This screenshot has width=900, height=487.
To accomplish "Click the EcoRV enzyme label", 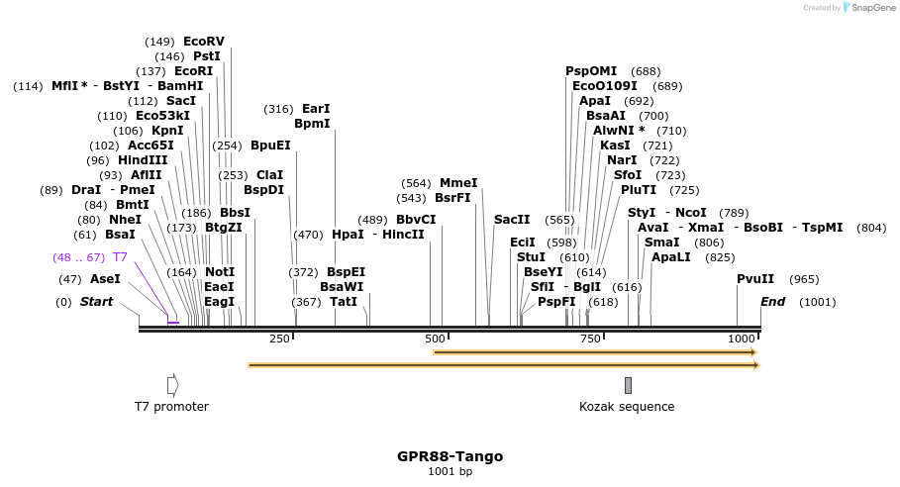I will click(x=204, y=42).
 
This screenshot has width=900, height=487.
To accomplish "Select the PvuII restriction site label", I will click(x=755, y=279).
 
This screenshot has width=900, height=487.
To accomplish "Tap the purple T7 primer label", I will click(x=120, y=257).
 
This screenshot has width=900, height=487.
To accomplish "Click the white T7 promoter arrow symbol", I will click(x=172, y=385).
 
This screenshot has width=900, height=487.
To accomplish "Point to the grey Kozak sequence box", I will click(x=628, y=385).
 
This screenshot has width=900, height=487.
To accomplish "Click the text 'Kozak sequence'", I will click(x=627, y=407).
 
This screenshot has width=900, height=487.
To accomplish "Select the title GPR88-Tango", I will click(x=450, y=456).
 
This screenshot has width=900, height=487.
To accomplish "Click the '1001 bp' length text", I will click(x=450, y=471).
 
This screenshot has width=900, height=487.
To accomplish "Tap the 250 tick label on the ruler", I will click(x=280, y=339).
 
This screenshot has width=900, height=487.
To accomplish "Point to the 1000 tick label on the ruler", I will click(x=742, y=339).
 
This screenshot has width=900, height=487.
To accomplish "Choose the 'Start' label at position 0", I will click(x=97, y=302).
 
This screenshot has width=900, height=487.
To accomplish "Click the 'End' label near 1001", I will click(x=772, y=302).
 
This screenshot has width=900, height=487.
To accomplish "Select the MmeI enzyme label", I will click(x=458, y=183).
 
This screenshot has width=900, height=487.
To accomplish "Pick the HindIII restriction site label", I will click(x=143, y=160).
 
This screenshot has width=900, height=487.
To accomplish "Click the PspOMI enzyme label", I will click(x=591, y=71).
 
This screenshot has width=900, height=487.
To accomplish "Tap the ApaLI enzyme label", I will click(x=670, y=257).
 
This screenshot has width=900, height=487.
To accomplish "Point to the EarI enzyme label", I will click(x=316, y=109).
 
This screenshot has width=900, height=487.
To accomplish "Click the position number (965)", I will click(x=804, y=279).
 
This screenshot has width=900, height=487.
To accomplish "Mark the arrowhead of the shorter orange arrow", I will click(x=753, y=351).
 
